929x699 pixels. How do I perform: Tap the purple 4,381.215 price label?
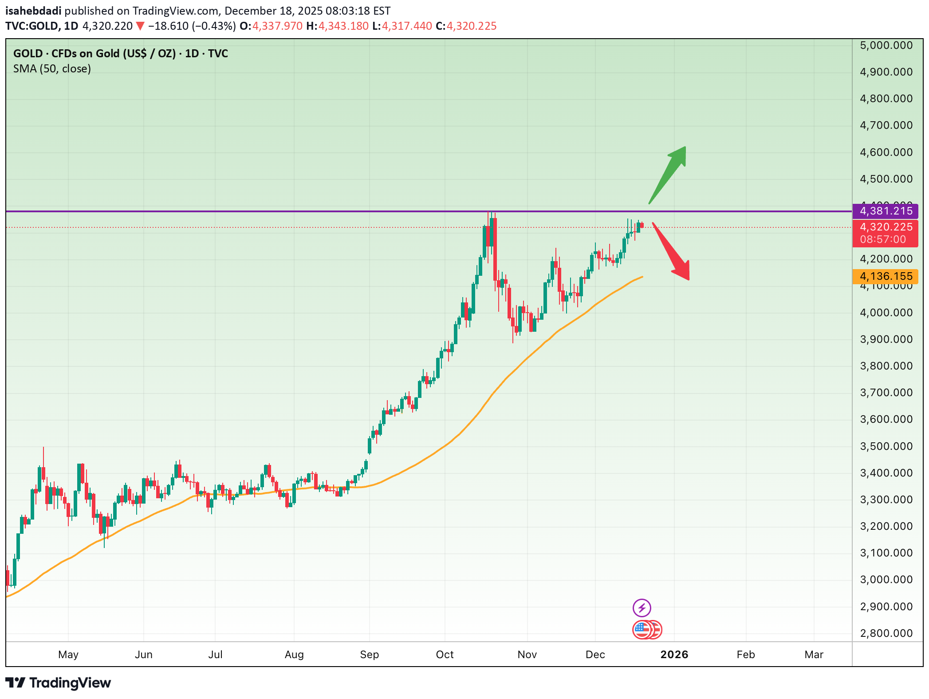[885, 211]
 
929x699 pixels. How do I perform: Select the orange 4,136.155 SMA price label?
[885, 276]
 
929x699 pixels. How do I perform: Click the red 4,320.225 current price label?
[885, 227]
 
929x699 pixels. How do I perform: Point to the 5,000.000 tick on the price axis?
[886, 45]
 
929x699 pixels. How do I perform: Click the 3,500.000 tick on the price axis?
[886, 446]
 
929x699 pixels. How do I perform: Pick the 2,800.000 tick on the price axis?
[886, 633]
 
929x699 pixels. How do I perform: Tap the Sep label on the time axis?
[369, 655]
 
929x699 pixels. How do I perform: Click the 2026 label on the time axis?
[674, 655]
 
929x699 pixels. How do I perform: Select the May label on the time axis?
[68, 655]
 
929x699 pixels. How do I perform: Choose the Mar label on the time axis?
[814, 655]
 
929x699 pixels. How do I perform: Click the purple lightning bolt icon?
[642, 608]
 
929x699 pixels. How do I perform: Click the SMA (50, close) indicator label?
[52, 69]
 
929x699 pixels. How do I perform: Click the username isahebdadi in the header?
[33, 11]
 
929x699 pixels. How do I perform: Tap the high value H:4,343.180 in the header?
[337, 26]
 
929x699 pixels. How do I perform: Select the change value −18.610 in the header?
[168, 26]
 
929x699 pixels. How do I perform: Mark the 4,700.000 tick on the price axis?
[886, 125]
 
